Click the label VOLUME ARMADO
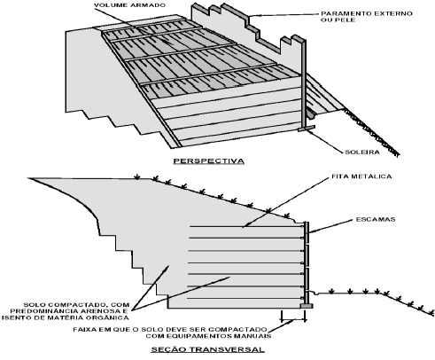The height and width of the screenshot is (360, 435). [129, 5]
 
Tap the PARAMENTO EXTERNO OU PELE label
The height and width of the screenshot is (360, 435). [367, 17]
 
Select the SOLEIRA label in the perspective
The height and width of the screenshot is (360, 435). [362, 153]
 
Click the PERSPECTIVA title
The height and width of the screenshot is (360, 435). [209, 161]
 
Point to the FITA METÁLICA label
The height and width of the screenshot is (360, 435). [361, 176]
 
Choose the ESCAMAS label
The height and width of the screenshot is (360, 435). [376, 219]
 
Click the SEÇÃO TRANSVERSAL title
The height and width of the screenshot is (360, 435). [208, 349]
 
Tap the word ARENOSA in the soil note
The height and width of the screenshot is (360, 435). [100, 311]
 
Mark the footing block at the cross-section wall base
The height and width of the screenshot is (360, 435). [307, 306]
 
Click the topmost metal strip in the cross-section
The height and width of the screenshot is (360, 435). [246, 227]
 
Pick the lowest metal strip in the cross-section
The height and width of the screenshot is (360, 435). [246, 298]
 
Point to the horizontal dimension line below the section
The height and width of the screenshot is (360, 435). [293, 320]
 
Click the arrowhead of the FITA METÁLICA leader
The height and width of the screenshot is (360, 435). [245, 226]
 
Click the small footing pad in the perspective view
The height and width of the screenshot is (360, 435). [307, 129]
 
